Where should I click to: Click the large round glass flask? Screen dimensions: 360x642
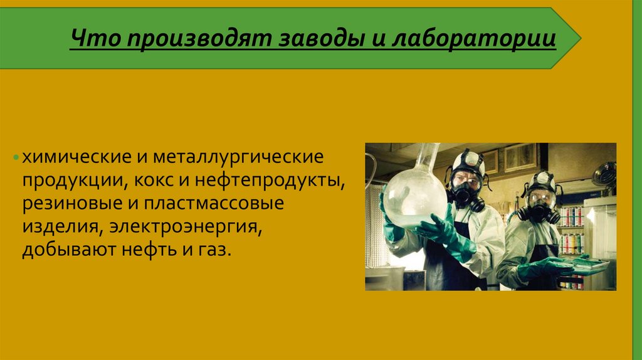point(414,194)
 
